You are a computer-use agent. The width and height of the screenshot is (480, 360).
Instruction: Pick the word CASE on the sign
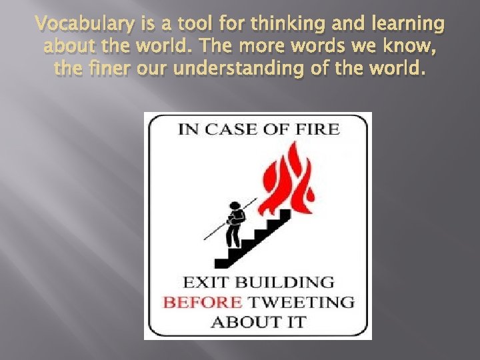pyautogui.click(x=231, y=129)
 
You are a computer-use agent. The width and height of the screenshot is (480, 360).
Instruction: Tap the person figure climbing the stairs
pyautogui.click(x=233, y=223)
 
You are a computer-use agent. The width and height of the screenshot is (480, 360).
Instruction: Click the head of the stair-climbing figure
pyautogui.click(x=234, y=205)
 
